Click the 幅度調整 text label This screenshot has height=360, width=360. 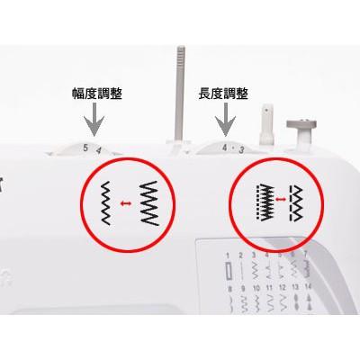click(96, 93)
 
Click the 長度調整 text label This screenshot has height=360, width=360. click(223, 93)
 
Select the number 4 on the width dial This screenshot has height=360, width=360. click(98, 150)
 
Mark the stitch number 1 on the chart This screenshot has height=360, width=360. click(229, 257)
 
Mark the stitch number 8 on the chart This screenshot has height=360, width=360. click(229, 291)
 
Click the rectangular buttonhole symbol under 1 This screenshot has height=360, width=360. click(229, 271)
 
